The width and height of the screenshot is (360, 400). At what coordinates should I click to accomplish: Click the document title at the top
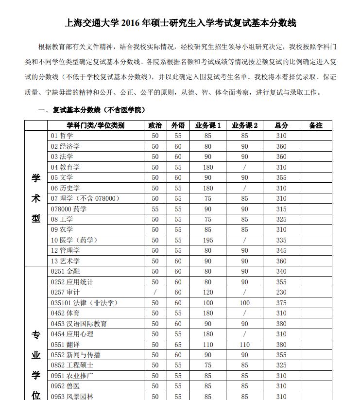point(180,23)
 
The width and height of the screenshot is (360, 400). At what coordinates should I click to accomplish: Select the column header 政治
point(155,125)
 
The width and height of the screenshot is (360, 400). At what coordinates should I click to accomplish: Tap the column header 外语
point(178,125)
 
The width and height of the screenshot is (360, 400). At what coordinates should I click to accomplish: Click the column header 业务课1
point(208,125)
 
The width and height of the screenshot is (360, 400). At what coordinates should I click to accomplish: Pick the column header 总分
point(281,125)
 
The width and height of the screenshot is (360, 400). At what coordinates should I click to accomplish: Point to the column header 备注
point(316,125)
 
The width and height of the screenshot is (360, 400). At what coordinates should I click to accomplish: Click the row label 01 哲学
point(62,136)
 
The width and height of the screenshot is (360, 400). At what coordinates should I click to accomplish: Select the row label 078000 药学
point(69,209)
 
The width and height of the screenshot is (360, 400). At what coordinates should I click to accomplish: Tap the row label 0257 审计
point(65,293)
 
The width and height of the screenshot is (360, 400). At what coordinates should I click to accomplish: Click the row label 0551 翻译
point(65,345)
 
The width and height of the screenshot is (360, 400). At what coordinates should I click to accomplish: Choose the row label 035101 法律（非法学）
point(84,303)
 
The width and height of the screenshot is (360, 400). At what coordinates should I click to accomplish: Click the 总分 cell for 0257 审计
point(281,293)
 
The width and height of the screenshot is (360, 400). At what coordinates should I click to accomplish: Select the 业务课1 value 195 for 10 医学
point(208,240)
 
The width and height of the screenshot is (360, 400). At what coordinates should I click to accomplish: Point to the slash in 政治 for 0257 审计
point(155,293)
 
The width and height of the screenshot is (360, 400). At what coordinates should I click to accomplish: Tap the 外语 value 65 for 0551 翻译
point(178,345)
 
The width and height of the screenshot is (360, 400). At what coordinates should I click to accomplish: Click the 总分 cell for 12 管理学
point(281,251)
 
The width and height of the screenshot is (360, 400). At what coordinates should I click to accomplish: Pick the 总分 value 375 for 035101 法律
point(281,303)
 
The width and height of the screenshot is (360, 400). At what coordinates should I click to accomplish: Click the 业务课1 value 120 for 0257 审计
point(208,293)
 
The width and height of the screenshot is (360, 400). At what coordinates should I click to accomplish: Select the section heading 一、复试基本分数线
point(92,110)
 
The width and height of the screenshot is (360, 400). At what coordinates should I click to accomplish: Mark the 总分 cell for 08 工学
point(281,219)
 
